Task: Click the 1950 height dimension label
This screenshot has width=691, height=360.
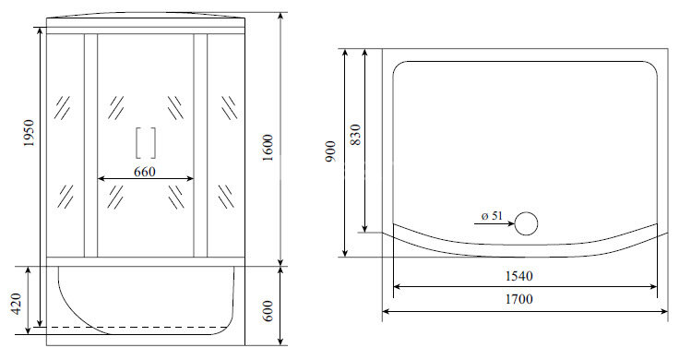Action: coord(29,133)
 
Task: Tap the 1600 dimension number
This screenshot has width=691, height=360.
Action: coord(268,148)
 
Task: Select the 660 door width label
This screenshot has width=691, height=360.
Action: coord(145,171)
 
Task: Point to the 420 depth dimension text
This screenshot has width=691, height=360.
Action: coord(17,304)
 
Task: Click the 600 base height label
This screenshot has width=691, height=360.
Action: coord(268,311)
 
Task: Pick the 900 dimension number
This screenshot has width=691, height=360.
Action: coord(331,151)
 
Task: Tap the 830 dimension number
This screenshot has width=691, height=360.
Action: coord(355,135)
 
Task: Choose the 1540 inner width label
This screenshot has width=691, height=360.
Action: coord(518,276)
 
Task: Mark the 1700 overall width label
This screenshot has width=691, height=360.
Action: coord(518,299)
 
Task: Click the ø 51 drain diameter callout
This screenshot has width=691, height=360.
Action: coord(492,216)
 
